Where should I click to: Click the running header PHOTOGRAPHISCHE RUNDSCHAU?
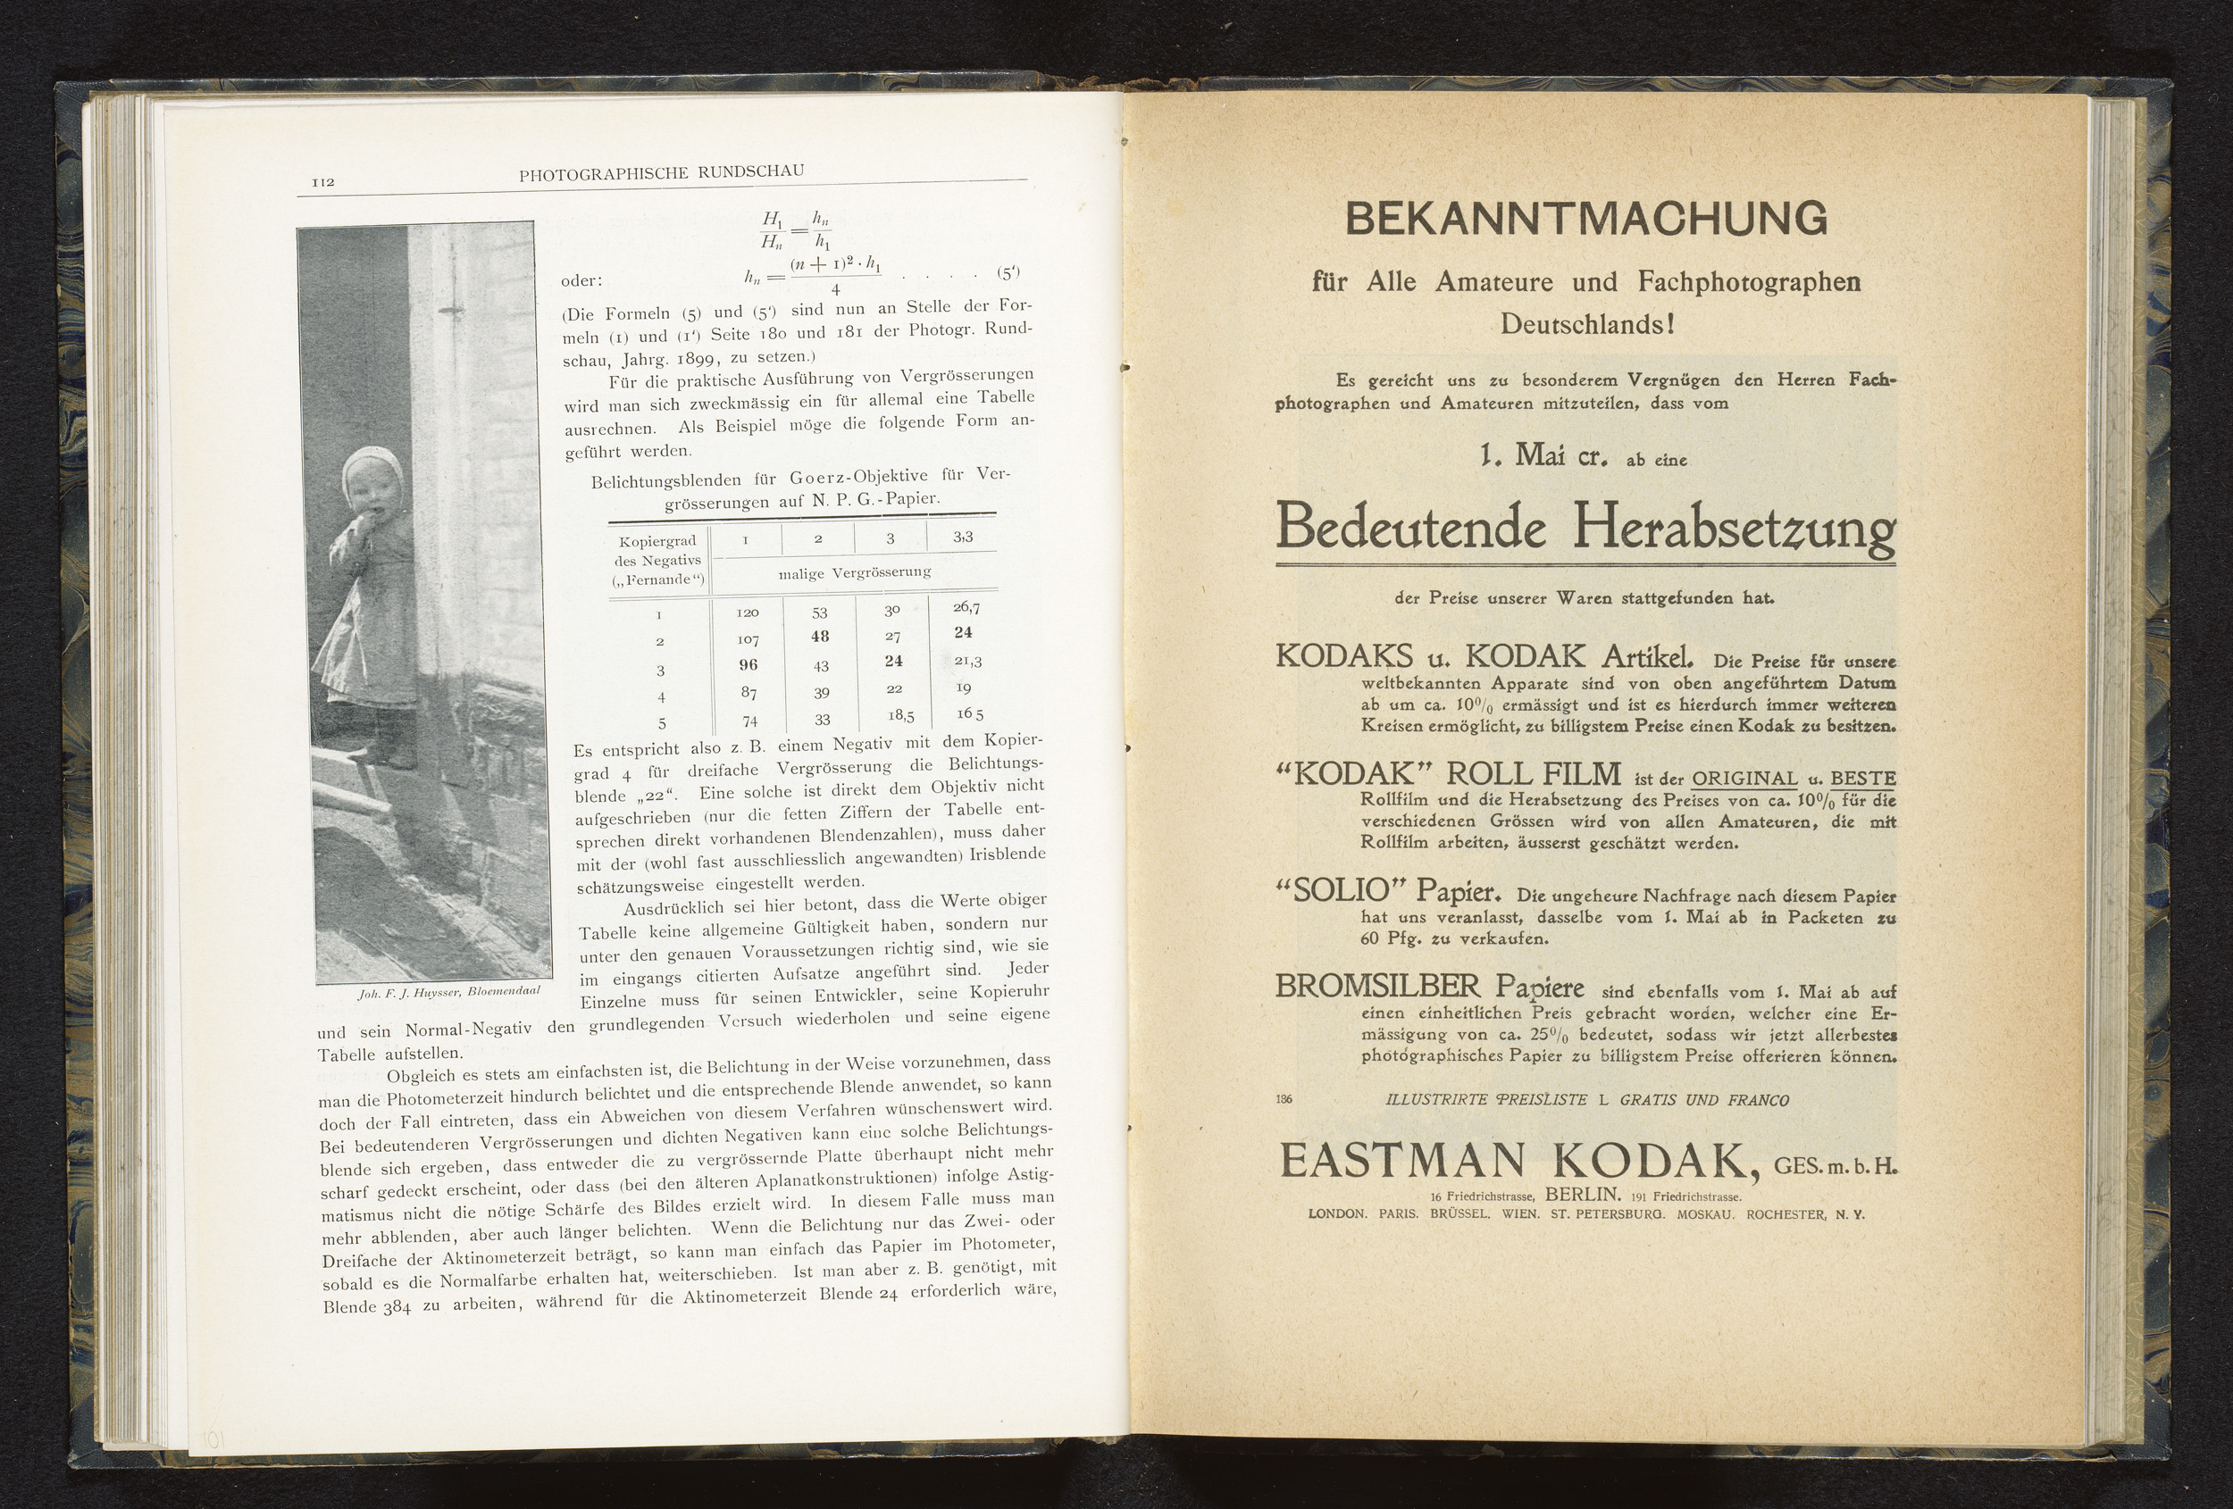click(661, 173)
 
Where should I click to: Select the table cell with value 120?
click(748, 612)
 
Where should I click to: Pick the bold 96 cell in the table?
click(748, 664)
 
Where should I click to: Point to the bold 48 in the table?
click(819, 636)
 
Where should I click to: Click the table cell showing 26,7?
click(966, 607)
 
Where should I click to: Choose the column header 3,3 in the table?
click(963, 537)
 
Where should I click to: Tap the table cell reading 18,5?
click(900, 715)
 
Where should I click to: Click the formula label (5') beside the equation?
click(1007, 273)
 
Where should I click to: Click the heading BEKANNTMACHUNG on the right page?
click(1585, 219)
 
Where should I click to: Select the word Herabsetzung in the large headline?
click(1734, 528)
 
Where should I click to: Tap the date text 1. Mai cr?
click(1545, 456)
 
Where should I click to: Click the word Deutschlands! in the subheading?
click(1587, 325)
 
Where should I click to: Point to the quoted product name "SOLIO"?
click(1341, 892)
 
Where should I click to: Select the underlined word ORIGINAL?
click(1744, 778)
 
